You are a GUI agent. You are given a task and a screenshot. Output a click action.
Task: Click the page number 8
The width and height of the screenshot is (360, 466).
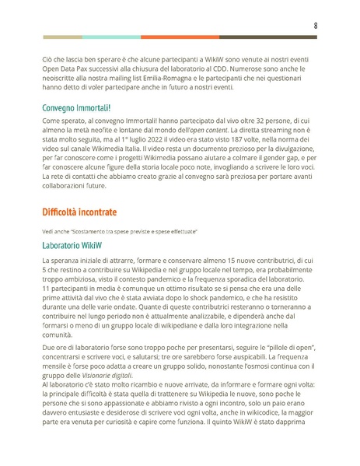(315, 25)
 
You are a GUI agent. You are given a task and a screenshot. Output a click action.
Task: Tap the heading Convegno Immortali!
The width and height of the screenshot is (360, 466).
(76, 107)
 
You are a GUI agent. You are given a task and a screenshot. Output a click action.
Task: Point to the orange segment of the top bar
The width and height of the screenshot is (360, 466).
(180, 37)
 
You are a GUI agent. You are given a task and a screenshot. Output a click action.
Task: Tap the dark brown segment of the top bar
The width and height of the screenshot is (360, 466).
(267, 37)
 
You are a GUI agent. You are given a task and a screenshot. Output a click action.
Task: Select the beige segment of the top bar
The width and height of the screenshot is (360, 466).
(62, 37)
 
